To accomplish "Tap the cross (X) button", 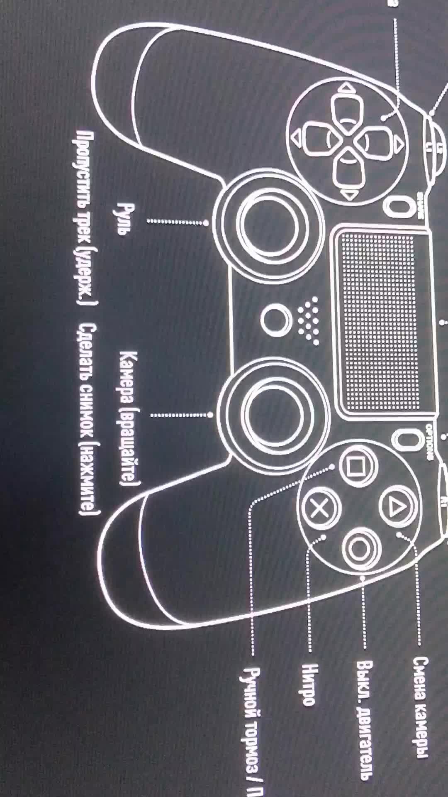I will [x=319, y=508].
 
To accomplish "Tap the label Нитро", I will [x=309, y=685].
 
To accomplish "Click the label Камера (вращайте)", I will [x=130, y=418].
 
